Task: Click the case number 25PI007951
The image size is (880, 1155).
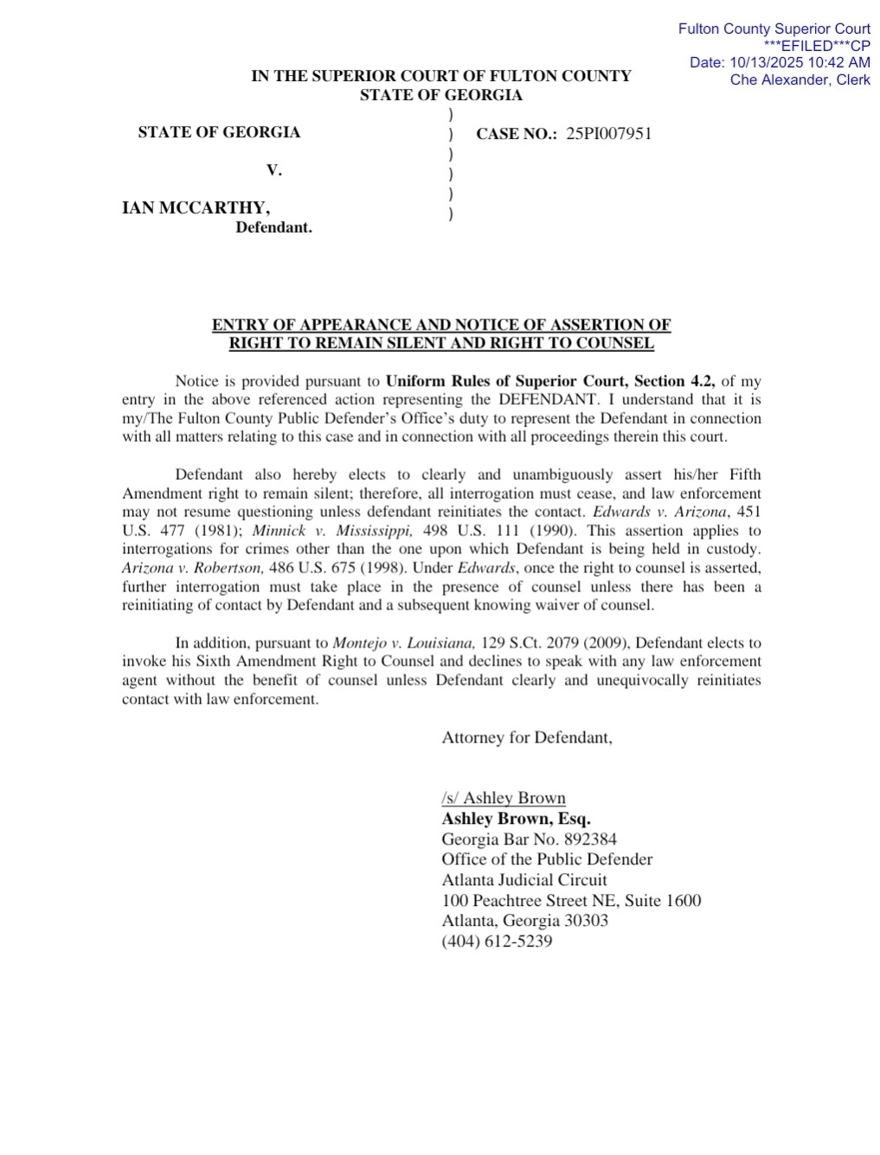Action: [x=608, y=133]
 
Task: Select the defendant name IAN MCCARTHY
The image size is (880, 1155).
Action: [x=195, y=207]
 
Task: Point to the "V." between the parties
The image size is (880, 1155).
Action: [x=273, y=170]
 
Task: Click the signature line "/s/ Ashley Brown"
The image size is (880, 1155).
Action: [x=503, y=798]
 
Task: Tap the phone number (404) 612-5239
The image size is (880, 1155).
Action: [x=497, y=941]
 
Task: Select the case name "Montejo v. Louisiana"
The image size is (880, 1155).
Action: [x=403, y=642]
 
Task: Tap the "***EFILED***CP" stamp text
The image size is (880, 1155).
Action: [x=817, y=46]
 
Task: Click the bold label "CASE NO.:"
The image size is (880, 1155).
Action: [x=517, y=134]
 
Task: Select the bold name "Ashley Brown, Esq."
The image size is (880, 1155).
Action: [x=516, y=818]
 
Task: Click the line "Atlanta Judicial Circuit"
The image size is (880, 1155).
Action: [x=524, y=879]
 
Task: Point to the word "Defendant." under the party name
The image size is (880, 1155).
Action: [x=273, y=227]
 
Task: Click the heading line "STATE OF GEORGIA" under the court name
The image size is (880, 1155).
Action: [x=440, y=95]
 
